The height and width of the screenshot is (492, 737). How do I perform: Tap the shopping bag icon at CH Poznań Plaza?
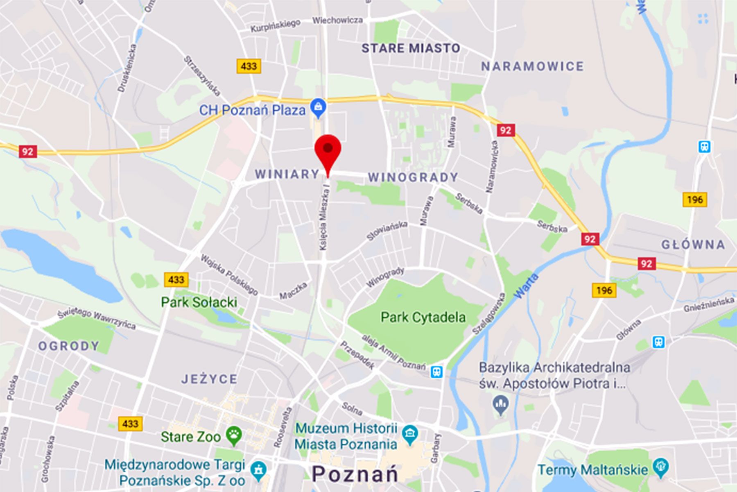[x=318, y=107]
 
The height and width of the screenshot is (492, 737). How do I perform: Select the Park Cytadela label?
[x=423, y=317]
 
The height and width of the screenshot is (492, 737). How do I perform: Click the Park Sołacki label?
[x=199, y=302]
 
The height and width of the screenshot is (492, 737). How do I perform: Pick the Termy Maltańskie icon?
[x=661, y=467]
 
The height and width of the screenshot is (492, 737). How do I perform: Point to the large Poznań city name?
[x=355, y=474]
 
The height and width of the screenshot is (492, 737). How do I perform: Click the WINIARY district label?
[x=287, y=174]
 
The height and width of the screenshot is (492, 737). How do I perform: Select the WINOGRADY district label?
[x=413, y=177]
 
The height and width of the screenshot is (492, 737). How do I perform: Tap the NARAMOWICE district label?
[x=532, y=66]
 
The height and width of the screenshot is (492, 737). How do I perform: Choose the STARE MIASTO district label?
[x=411, y=48]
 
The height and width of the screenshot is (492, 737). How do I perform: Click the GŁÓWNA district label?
[x=693, y=245]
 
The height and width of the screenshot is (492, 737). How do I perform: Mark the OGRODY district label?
[x=69, y=346]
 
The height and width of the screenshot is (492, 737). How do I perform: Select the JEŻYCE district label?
[x=209, y=379]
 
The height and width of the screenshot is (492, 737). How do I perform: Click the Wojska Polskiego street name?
[x=229, y=274]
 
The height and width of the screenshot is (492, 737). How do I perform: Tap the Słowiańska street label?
[x=387, y=231]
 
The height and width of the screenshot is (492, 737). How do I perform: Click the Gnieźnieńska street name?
[x=708, y=304]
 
